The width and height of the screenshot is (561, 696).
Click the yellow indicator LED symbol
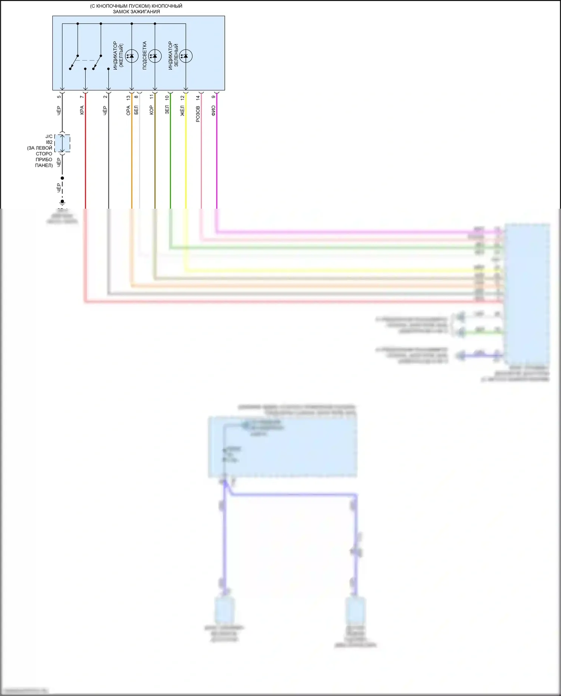[132, 56]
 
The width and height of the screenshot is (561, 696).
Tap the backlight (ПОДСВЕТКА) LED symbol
[155, 56]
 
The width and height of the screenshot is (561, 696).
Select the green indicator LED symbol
[186, 56]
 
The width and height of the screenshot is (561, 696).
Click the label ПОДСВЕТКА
[145, 55]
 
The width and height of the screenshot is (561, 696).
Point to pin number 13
[128, 98]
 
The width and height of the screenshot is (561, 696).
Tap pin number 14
[198, 98]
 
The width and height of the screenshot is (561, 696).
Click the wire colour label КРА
[82, 110]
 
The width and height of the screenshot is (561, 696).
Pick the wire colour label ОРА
[128, 110]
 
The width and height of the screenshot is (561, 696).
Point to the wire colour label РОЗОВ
[198, 114]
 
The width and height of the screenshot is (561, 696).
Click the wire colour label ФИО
[214, 110]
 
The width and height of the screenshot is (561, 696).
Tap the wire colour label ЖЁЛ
[183, 111]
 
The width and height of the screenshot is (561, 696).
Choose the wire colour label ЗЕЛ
[167, 110]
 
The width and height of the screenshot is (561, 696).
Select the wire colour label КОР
[151, 110]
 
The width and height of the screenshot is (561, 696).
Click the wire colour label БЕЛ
[136, 110]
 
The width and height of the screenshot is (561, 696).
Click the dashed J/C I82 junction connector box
[62, 143]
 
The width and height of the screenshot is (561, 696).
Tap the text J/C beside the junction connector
[49, 137]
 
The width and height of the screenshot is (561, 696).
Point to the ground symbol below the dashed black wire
[62, 203]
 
